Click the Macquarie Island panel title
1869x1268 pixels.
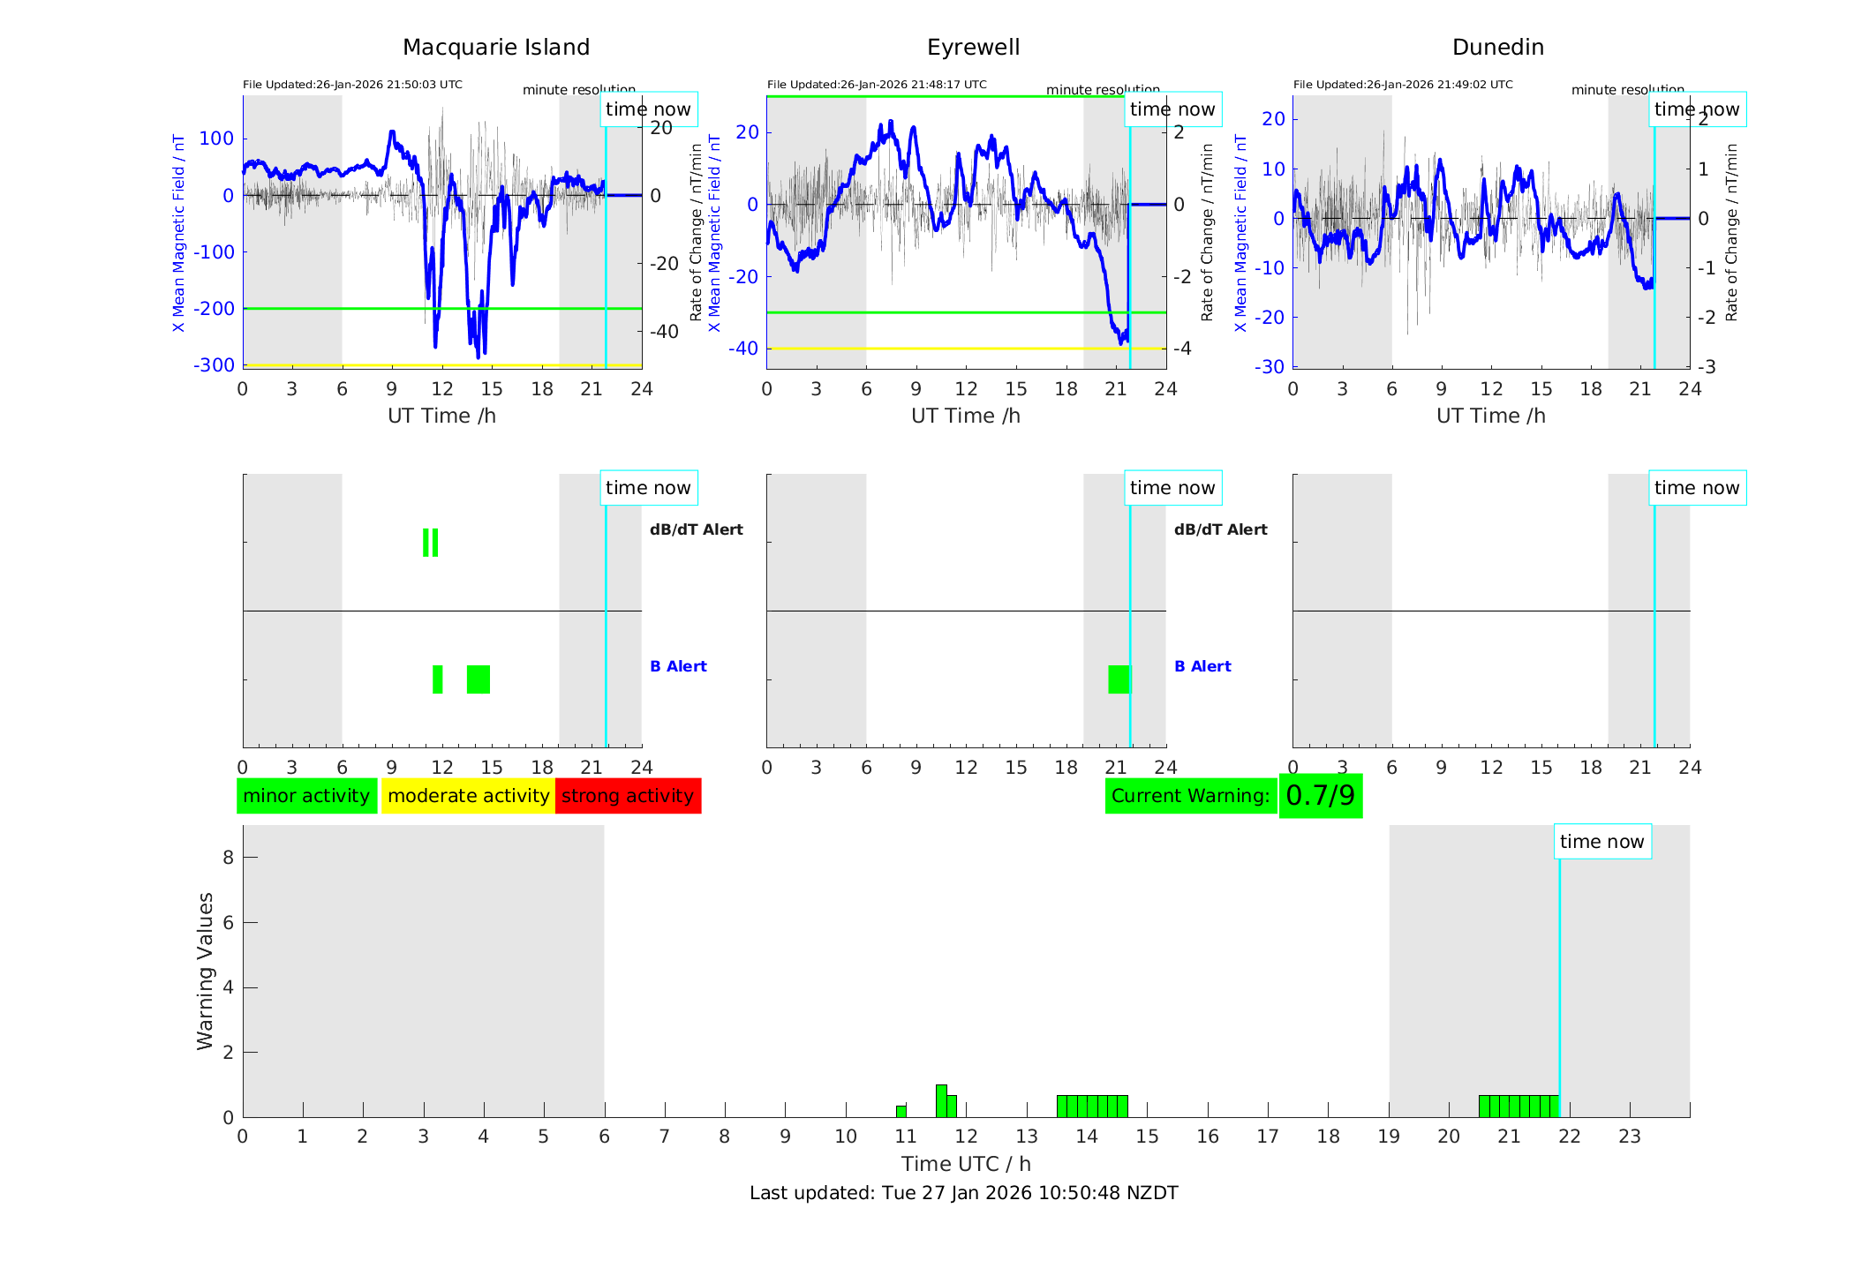click(496, 48)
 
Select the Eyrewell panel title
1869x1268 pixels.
click(973, 48)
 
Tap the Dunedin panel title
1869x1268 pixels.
click(1497, 48)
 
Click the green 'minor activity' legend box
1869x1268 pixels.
click(306, 796)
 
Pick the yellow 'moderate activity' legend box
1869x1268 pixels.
click(468, 796)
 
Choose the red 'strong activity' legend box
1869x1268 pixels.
click(628, 796)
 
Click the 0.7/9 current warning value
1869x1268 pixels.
click(1320, 796)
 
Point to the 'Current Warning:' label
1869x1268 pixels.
click(1190, 796)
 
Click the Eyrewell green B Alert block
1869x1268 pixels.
click(1119, 679)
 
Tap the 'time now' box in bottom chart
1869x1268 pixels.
click(1601, 842)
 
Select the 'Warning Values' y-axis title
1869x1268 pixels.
click(206, 971)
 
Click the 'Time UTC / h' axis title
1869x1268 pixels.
click(966, 1164)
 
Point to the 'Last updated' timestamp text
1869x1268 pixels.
click(963, 1193)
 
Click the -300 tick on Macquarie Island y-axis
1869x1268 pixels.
click(215, 365)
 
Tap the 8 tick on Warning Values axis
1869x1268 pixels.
click(229, 857)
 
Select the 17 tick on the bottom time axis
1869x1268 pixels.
click(1268, 1137)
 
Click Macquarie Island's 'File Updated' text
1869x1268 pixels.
click(352, 85)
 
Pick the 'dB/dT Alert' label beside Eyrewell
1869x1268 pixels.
click(1220, 529)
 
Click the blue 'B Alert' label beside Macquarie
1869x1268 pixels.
click(678, 666)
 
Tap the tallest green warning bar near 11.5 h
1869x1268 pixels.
click(941, 1100)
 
